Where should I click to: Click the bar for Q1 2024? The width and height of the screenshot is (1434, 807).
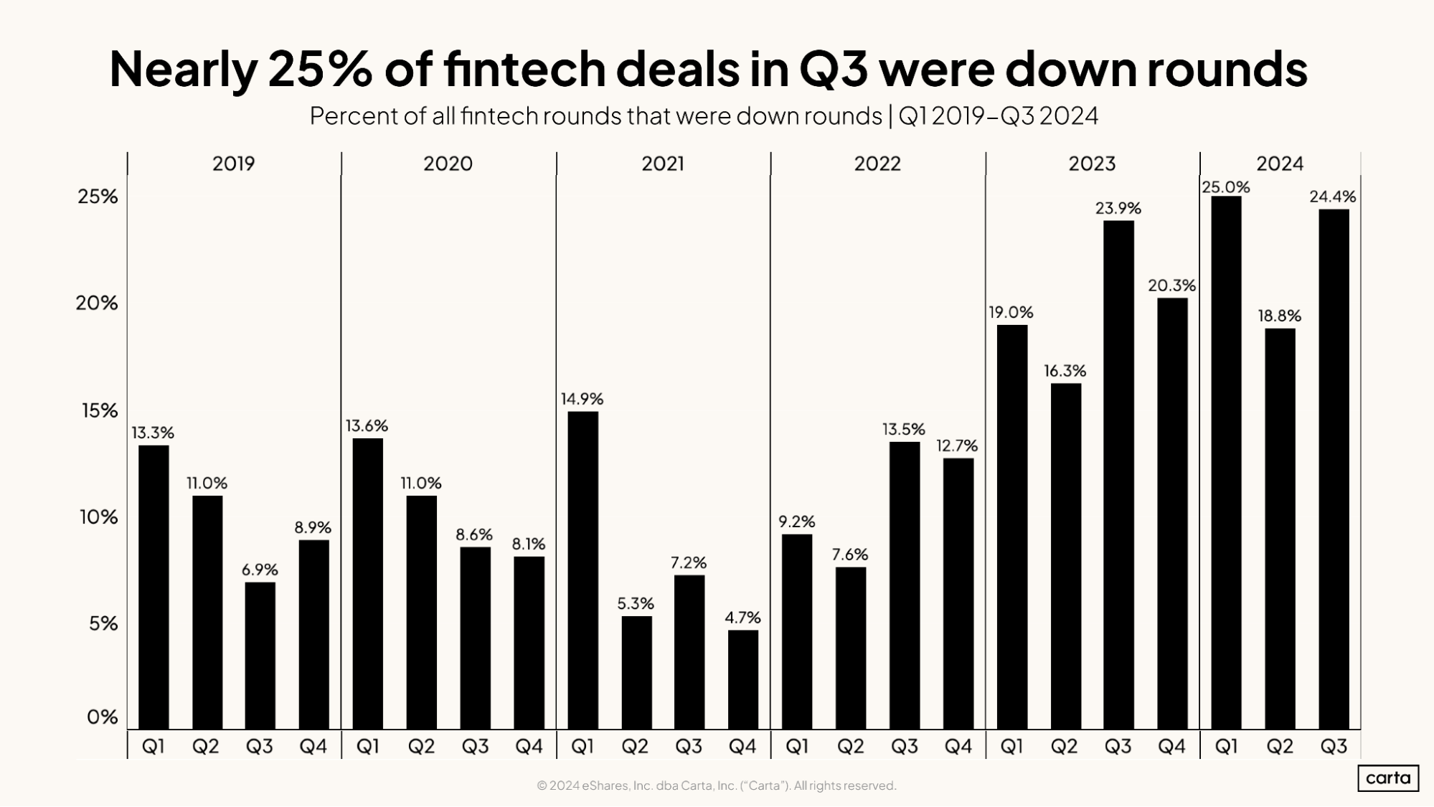pyautogui.click(x=1226, y=463)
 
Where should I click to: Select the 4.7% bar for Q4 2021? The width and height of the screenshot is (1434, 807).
pyautogui.click(x=742, y=679)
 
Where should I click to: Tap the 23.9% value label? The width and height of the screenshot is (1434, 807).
pyautogui.click(x=1118, y=208)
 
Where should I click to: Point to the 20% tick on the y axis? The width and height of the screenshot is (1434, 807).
pyautogui.click(x=97, y=303)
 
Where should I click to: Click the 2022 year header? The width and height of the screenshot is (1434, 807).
pyautogui.click(x=877, y=164)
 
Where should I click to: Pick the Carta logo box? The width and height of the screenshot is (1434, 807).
pyautogui.click(x=1387, y=778)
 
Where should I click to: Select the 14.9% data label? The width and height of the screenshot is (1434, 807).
pyautogui.click(x=582, y=399)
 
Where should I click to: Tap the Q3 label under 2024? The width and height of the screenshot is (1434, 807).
pyautogui.click(x=1334, y=747)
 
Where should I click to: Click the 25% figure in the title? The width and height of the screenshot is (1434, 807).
pyautogui.click(x=320, y=70)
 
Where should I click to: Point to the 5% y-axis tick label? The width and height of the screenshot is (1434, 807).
pyautogui.click(x=103, y=623)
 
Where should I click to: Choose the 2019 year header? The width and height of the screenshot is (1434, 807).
pyautogui.click(x=233, y=164)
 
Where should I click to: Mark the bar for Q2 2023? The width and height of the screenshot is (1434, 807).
pyautogui.click(x=1065, y=556)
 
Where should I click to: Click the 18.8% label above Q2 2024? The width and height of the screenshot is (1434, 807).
pyautogui.click(x=1279, y=316)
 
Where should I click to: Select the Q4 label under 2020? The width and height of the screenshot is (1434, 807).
pyautogui.click(x=529, y=747)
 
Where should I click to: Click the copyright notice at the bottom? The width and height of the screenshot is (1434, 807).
pyautogui.click(x=716, y=785)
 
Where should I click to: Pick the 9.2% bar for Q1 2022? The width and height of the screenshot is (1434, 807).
pyautogui.click(x=796, y=631)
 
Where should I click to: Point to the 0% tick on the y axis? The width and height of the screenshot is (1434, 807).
pyautogui.click(x=102, y=717)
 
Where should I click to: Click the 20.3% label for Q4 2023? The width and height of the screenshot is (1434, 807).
pyautogui.click(x=1171, y=285)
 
